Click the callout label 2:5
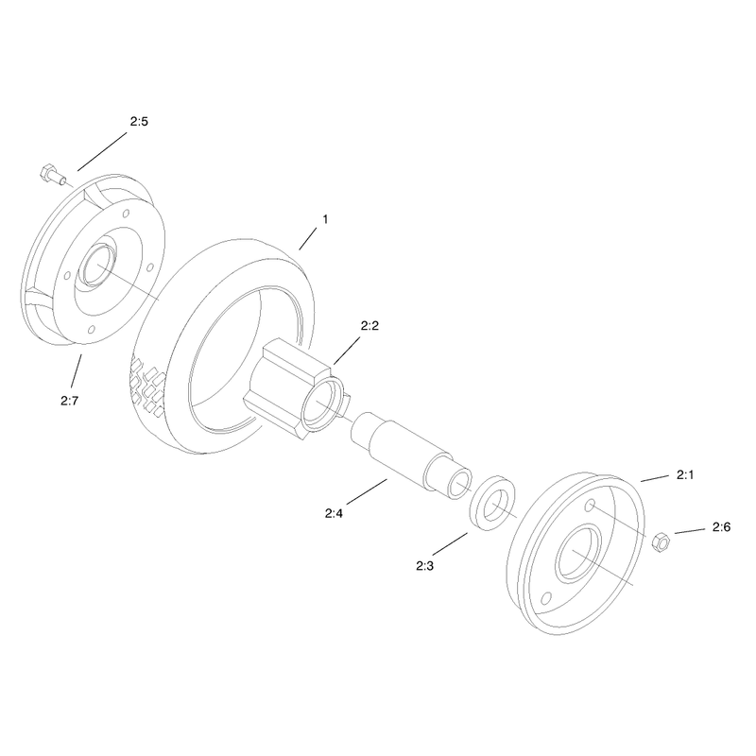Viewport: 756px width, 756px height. pos(139,122)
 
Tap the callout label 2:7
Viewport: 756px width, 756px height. pos(69,401)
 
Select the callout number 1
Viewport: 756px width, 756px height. pos(325,219)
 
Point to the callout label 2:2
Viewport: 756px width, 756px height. pos(369,326)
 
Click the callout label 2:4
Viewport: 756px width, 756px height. pos(334,513)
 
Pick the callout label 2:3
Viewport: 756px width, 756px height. pos(424,566)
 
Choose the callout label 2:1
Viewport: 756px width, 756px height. pos(685,475)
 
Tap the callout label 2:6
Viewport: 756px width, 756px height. pos(721,527)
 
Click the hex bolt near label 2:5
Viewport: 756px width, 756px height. pos(52,175)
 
